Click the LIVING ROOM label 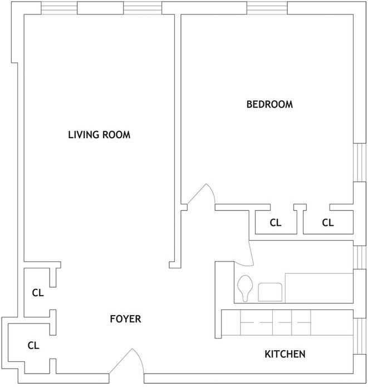coord(99,134)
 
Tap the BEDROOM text coord(269,104)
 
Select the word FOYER coord(125,319)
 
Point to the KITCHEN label coord(284,354)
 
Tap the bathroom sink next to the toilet coord(269,292)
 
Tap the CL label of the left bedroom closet coord(276,222)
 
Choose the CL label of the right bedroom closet coord(327,222)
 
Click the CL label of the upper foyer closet coord(37,292)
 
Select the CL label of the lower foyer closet coord(33,345)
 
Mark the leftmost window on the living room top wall coord(59,8)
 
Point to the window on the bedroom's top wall coord(267,8)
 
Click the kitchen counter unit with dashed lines coord(275,323)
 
